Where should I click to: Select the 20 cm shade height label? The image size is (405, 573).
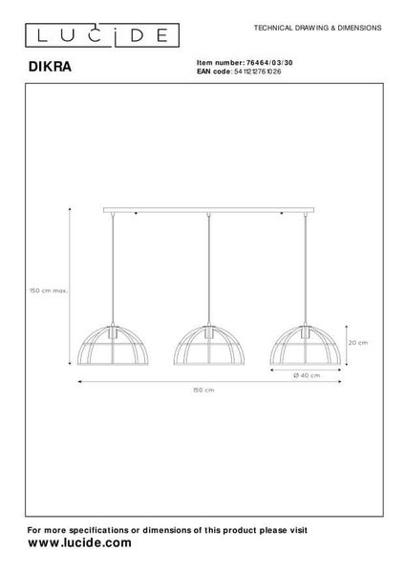(x=357, y=341)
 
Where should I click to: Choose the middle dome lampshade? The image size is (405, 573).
(x=207, y=347)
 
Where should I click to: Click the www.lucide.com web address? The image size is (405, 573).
(x=80, y=542)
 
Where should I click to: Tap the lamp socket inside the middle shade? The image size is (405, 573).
(x=207, y=334)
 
